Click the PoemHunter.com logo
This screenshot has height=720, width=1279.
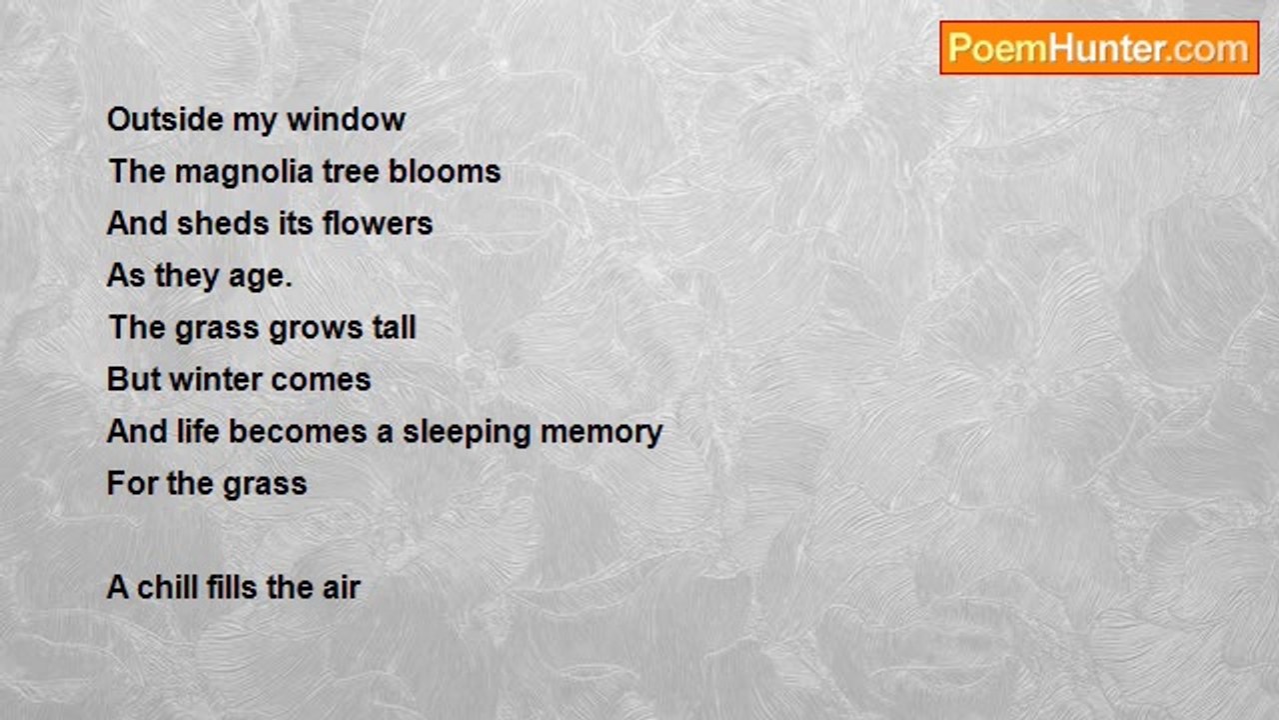point(1099,48)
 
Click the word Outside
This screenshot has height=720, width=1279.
point(165,119)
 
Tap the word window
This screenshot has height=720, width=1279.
point(346,119)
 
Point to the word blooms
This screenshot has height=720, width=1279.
point(445,171)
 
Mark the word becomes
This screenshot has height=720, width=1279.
point(298,431)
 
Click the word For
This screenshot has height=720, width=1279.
point(132,483)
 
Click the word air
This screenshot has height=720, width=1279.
point(342,587)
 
